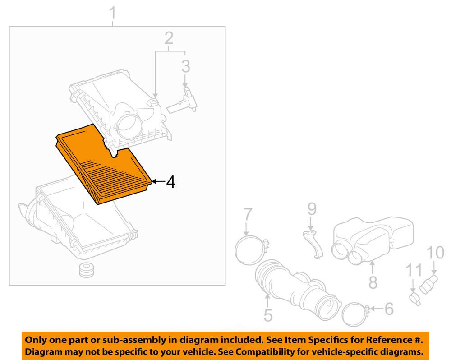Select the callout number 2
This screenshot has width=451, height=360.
click(x=168, y=39)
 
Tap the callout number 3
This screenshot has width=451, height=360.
click(x=186, y=67)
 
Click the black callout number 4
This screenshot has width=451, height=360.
click(x=170, y=182)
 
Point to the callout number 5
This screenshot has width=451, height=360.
click(x=268, y=314)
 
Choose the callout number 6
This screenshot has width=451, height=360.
click(x=388, y=309)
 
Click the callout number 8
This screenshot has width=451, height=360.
click(x=373, y=282)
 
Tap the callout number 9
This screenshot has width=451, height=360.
click(x=312, y=209)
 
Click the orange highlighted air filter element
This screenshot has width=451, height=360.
click(x=104, y=167)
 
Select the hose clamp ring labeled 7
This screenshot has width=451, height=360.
click(x=249, y=249)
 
